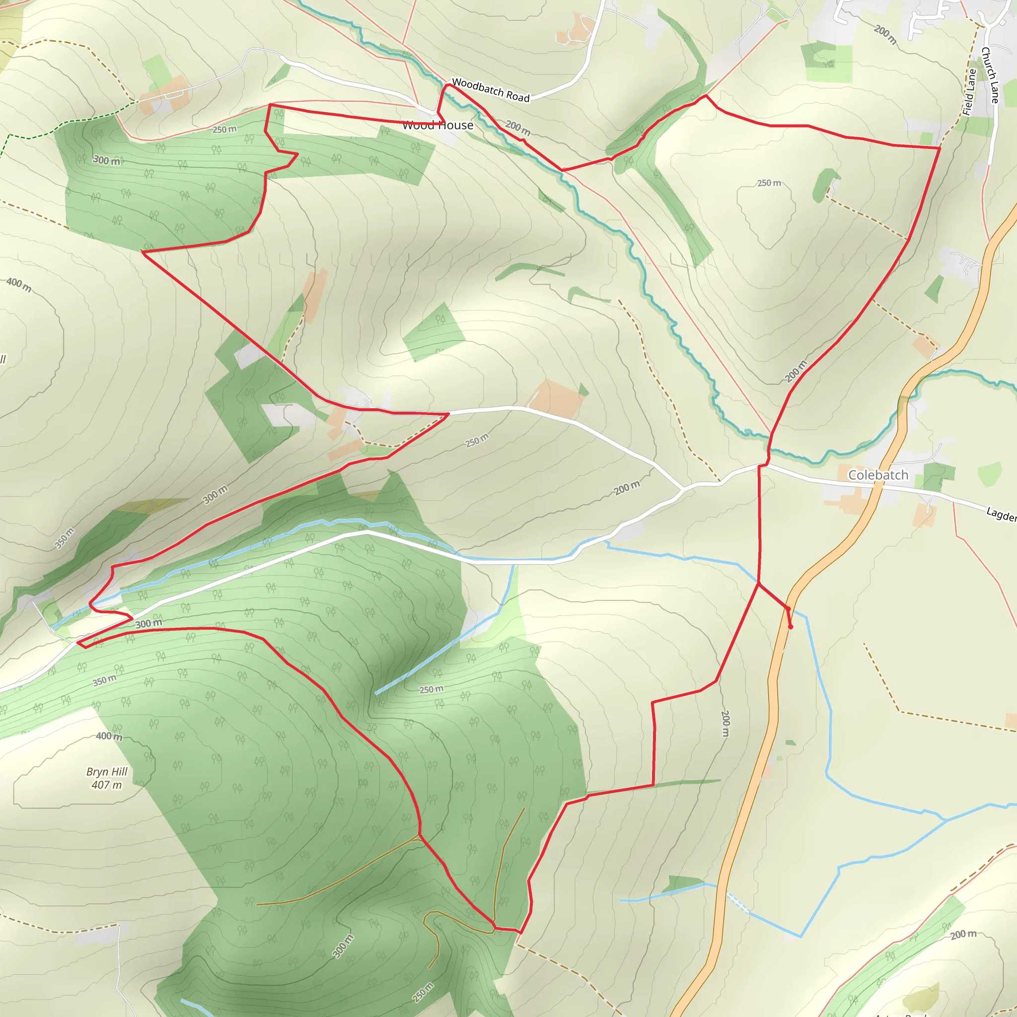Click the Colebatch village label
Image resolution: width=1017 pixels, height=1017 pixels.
[x=878, y=475]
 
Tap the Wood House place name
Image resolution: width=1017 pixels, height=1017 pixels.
[x=437, y=125]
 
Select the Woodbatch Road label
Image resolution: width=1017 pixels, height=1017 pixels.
[x=491, y=89]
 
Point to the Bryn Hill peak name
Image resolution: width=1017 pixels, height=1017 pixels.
[x=107, y=772]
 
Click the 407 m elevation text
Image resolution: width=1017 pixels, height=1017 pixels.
[x=107, y=785]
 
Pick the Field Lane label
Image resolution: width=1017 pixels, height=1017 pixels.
[x=969, y=92]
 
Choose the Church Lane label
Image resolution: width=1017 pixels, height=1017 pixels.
[x=990, y=75]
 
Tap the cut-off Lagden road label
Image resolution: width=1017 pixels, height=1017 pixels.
[x=1001, y=514]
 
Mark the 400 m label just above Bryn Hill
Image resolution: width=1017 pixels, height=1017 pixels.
[x=109, y=736]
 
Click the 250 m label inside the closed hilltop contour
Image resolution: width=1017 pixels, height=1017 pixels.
[x=769, y=183]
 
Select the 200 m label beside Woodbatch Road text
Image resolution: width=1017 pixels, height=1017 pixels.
[x=518, y=128]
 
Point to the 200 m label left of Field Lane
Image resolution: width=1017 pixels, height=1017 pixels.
[x=885, y=34]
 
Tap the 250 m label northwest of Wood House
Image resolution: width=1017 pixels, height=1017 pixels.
[x=224, y=130]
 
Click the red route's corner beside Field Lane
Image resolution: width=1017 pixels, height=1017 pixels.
[x=940, y=148]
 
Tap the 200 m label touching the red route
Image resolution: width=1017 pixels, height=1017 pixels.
[x=796, y=371]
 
